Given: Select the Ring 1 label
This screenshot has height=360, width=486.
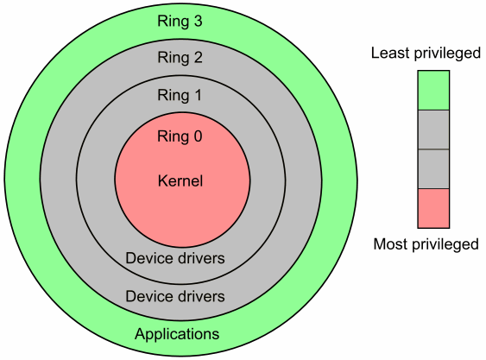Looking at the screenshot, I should tap(180, 96).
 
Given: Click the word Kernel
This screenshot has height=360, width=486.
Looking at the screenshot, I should tap(180, 181).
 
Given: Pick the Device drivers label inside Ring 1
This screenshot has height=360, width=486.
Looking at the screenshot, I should tap(175, 258).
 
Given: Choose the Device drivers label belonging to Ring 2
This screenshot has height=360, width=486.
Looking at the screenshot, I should tap(175, 296).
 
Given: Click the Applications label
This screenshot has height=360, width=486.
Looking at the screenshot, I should tap(177, 334).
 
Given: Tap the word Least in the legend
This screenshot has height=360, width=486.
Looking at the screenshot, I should tap(390, 54).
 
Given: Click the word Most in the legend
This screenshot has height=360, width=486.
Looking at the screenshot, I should tap(391, 244).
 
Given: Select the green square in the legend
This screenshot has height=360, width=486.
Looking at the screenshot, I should tap(433, 91).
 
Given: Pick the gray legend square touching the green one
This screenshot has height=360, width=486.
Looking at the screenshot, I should tap(433, 129).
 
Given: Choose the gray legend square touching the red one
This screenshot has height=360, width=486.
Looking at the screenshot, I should tap(433, 169).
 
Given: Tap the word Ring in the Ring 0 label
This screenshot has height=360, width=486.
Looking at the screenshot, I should tap(172, 136).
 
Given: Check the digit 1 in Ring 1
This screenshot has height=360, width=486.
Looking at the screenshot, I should tap(199, 96).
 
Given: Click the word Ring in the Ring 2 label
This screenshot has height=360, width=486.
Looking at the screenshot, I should tap(172, 58).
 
